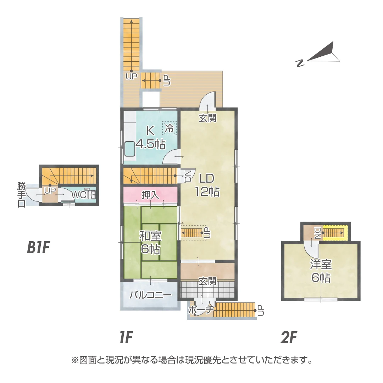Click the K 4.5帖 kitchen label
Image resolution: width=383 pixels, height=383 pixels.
pyautogui.click(x=151, y=138)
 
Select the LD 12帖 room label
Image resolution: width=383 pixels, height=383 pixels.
pyautogui.click(x=207, y=185)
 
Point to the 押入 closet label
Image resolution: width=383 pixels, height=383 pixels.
pyautogui.click(x=150, y=195)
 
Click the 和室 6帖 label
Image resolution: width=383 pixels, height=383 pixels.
pyautogui.click(x=150, y=242)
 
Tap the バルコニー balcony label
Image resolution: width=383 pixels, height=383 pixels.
pyautogui.click(x=150, y=295)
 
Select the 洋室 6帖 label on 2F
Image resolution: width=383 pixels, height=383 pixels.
pyautogui.click(x=321, y=271)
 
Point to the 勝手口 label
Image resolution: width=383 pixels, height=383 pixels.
pyautogui.click(x=21, y=195)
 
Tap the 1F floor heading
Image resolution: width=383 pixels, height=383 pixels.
pyautogui.click(x=126, y=338)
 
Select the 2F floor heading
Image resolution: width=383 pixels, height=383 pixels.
pyautogui.click(x=288, y=338)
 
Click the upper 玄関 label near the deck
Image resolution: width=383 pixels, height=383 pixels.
pyautogui.click(x=207, y=118)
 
